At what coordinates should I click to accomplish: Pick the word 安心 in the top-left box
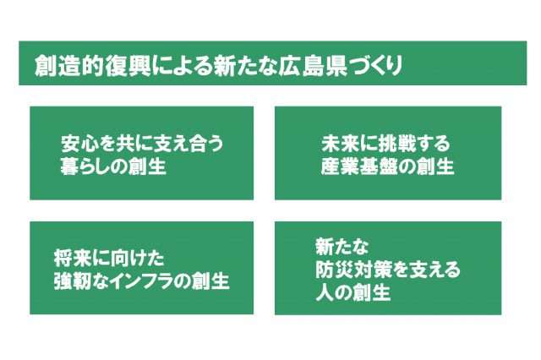[x=79, y=144]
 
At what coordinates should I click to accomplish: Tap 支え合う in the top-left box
[x=188, y=144]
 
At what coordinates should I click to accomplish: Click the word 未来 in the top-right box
[x=339, y=144]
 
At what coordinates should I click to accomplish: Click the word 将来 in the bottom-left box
[x=72, y=259]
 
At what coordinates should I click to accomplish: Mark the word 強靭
[x=72, y=281]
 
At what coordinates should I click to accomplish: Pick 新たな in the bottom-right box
[x=342, y=246]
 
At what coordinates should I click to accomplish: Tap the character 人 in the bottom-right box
[x=325, y=292]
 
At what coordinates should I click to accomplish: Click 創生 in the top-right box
[x=435, y=166]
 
